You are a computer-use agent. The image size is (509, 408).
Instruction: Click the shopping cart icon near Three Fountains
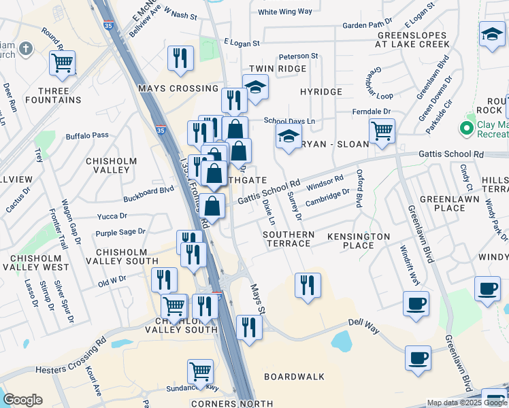(63, 63)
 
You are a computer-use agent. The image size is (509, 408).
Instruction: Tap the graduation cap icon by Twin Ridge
(256, 87)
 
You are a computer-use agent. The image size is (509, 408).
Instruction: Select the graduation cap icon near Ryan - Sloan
(289, 137)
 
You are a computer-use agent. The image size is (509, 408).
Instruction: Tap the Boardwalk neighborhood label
(294, 376)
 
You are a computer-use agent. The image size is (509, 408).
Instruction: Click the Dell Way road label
(363, 324)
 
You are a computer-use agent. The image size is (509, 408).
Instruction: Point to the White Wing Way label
(285, 12)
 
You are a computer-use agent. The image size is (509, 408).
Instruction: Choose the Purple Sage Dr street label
(120, 232)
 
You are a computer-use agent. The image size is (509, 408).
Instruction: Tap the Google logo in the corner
(22, 400)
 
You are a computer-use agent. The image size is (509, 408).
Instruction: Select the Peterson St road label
(298, 56)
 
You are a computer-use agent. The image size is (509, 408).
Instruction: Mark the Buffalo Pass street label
(87, 135)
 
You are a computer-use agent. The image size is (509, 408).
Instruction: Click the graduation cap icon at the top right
(492, 33)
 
